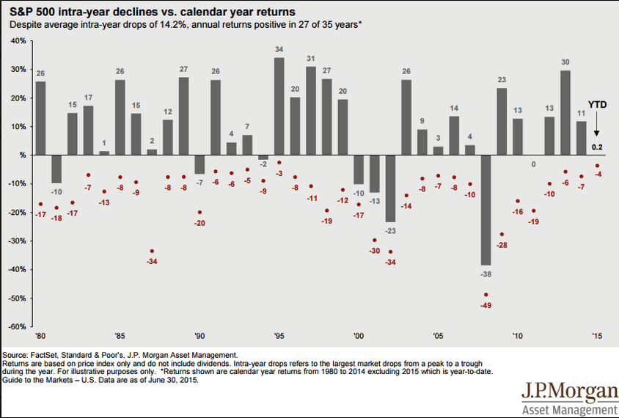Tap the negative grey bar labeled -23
pos(390,188)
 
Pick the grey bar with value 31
pos(311,111)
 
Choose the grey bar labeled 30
pos(565,113)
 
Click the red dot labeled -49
pos(486,295)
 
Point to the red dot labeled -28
pos(502,235)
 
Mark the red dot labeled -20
pos(199,213)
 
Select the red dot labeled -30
pos(375,241)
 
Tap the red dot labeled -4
pos(598,166)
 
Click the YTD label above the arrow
pos(598,104)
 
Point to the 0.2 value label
pos(598,147)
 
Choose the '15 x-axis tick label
pos(598,335)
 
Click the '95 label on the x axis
pos(279,335)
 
